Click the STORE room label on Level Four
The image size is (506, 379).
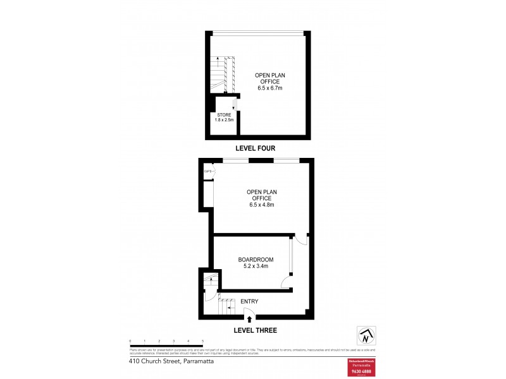coord(225,114)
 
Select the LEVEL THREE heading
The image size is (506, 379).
coord(256,330)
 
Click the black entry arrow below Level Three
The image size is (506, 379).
coord(257,320)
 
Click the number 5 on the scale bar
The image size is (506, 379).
coord(202,341)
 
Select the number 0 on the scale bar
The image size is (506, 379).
coord(130,341)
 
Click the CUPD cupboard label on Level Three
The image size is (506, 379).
coord(207,171)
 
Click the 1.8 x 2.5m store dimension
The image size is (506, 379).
coord(225,119)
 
